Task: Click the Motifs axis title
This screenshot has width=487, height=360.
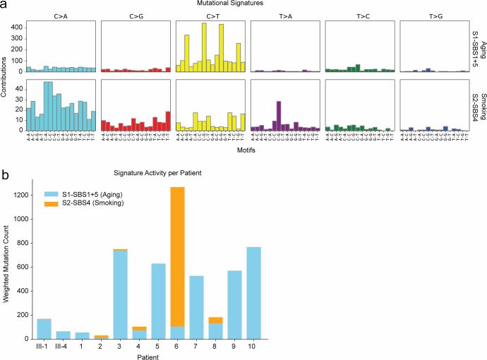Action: [243, 150]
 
